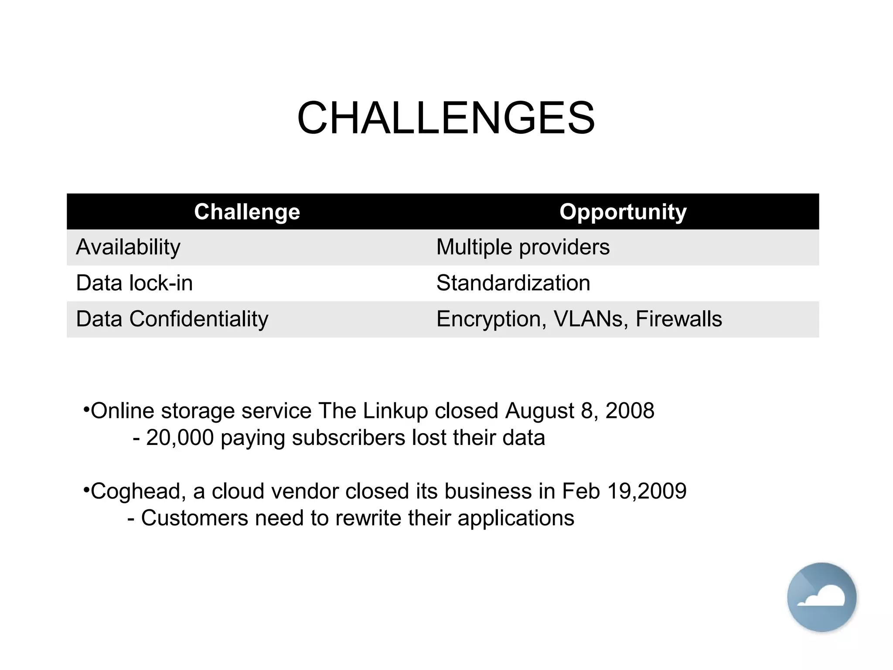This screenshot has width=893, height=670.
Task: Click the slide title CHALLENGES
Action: (446, 118)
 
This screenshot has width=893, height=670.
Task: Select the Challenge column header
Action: (247, 212)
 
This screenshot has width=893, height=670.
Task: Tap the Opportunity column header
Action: (623, 212)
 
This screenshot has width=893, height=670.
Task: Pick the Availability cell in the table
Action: (128, 247)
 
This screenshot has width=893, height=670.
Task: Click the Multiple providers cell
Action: (522, 247)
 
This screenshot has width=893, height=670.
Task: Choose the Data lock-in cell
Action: (134, 283)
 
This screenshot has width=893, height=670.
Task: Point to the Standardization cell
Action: (513, 283)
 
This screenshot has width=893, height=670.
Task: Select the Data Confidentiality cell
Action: (172, 319)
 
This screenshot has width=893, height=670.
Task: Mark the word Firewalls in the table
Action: (678, 319)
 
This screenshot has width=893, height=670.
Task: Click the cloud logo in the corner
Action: (821, 597)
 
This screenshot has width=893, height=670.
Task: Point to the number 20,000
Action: (180, 438)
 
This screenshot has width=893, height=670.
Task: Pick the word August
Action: (539, 411)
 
